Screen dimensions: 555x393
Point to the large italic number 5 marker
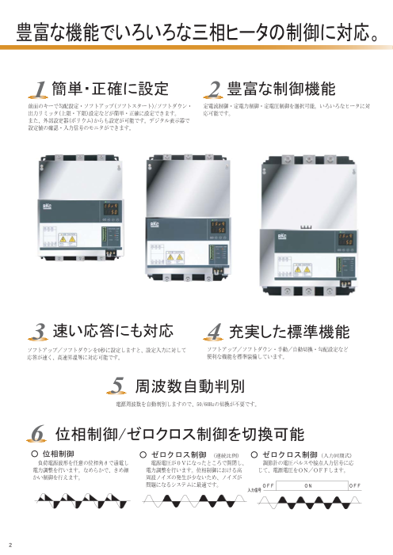tap(118, 386)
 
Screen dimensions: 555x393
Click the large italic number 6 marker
tap(38, 433)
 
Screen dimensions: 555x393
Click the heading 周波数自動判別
tap(189, 386)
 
